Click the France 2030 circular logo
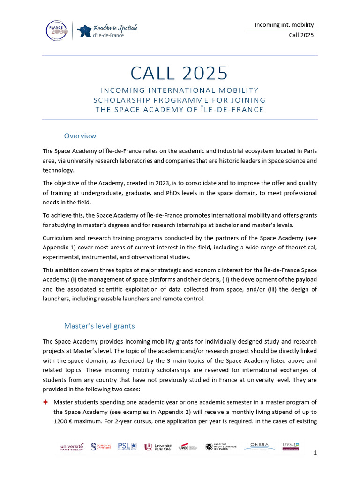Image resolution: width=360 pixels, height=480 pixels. tap(57, 30)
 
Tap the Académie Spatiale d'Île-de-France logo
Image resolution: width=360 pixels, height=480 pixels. tap(107, 31)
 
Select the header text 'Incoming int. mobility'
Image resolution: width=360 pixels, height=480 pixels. tap(284, 24)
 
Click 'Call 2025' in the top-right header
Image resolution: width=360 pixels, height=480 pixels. tap(301, 36)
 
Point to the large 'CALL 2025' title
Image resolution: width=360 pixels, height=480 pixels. tap(180, 73)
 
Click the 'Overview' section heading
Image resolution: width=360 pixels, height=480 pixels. tap(80, 136)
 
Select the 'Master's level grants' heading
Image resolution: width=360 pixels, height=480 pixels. tap(99, 325)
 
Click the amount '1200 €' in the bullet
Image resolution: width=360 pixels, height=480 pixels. tap(64, 421)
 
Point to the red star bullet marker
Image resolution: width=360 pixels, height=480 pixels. tap(45, 402)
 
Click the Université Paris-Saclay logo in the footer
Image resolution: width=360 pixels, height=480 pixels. tap(72, 447)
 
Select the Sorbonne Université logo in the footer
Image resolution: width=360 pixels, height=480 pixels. tap(101, 447)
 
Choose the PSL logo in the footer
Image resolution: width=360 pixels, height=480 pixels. tap(127, 446)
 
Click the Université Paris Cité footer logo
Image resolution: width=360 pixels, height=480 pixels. tap(158, 447)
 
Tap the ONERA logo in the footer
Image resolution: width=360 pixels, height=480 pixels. tap(259, 446)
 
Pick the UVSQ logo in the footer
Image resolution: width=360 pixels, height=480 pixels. tap(291, 446)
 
